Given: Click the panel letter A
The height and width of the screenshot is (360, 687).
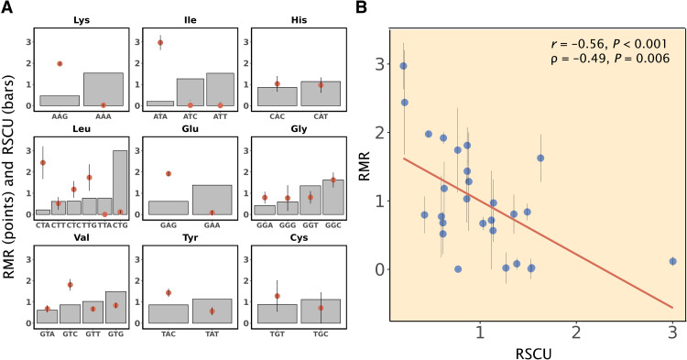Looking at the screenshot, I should click(x=7, y=9).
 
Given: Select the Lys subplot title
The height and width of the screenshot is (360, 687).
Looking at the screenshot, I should click(x=79, y=19).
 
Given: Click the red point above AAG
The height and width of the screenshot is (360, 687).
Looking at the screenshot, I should click(x=60, y=64).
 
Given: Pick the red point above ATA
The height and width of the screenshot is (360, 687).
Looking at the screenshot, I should click(x=160, y=43).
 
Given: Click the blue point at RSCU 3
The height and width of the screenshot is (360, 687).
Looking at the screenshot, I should click(x=672, y=261).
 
